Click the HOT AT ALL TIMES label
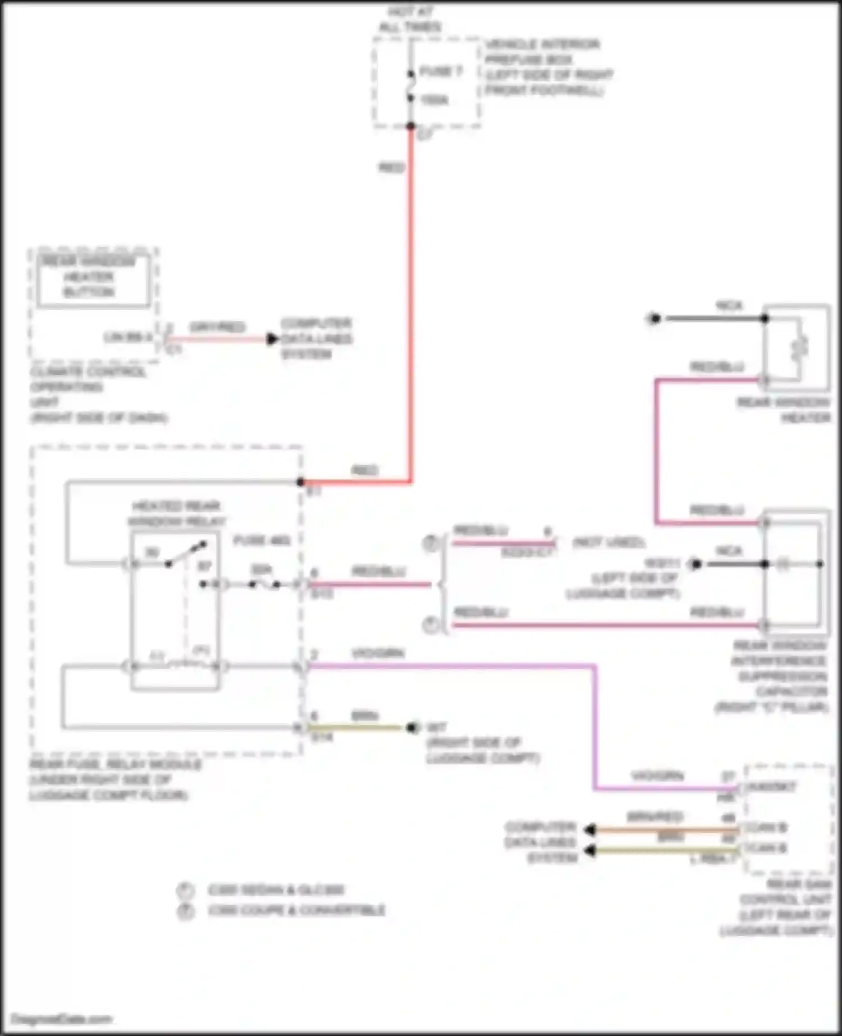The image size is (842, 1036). click(410, 19)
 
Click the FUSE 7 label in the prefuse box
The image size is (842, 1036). click(441, 71)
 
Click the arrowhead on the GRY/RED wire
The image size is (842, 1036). click(273, 339)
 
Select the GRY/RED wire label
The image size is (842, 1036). click(217, 327)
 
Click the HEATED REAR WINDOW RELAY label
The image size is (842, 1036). click(176, 514)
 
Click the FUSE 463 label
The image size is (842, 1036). click(262, 540)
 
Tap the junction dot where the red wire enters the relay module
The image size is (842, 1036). click(301, 482)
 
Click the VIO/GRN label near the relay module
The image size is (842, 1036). click(378, 653)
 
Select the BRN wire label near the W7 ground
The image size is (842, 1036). click(364, 716)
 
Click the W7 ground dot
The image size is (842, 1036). click(413, 728)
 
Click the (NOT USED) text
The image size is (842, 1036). click(608, 543)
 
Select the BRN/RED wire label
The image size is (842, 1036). click(655, 817)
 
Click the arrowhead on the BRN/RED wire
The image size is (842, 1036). click(589, 829)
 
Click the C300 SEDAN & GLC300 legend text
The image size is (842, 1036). click(276, 890)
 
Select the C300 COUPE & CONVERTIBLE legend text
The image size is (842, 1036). click(296, 910)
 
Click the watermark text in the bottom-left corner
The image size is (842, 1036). click(62, 1019)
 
